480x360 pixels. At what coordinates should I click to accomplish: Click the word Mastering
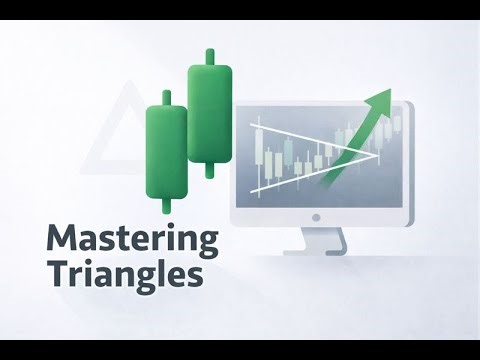coord(132,241)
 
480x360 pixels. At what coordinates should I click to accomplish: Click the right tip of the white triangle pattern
coord(381,154)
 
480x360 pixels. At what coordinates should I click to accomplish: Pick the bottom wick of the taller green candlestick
coord(210,173)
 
